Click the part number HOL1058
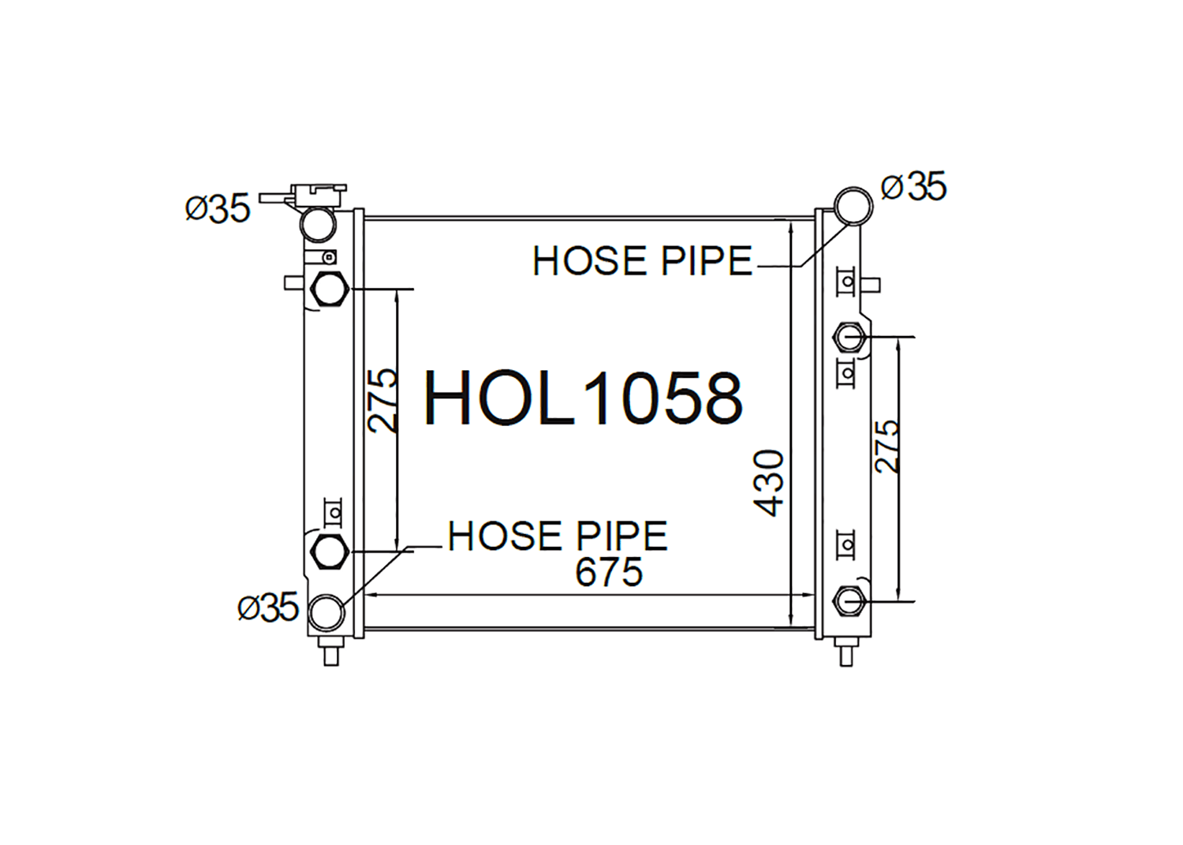(584, 398)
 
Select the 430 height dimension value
(768, 483)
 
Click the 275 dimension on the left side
(383, 401)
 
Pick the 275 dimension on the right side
(886, 447)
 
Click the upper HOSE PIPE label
(642, 261)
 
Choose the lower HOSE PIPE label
(558, 536)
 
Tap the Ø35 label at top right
(913, 186)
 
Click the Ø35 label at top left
(218, 208)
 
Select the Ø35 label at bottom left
(268, 607)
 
